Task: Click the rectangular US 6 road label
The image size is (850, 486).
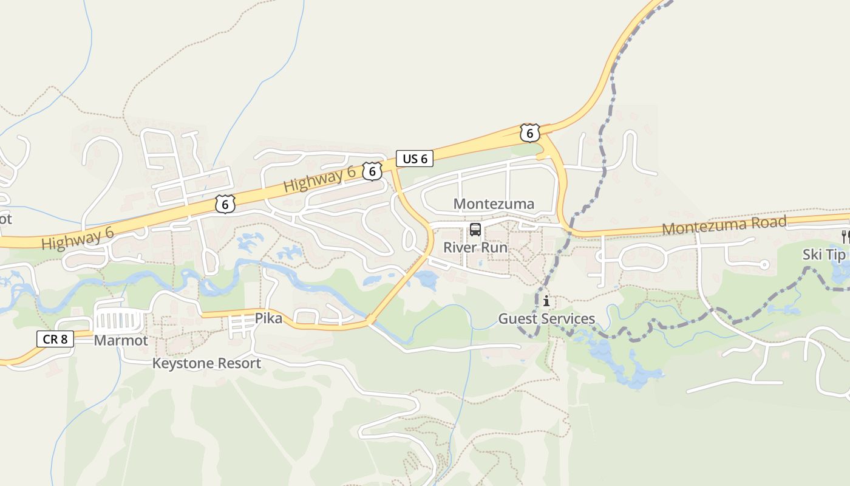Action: [x=415, y=159]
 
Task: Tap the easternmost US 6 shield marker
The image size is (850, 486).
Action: [x=529, y=133]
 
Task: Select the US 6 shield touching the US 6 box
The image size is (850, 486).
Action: [x=372, y=171]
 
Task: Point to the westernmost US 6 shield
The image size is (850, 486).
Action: [x=225, y=204]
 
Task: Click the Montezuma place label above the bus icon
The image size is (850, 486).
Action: [x=494, y=204]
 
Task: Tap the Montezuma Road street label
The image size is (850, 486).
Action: [x=724, y=225]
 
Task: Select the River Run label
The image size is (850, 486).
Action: [x=475, y=247]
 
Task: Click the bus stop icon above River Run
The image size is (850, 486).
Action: [x=475, y=230]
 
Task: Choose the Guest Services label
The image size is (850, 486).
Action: [x=546, y=318]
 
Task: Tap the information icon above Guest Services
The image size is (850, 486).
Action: [x=546, y=301]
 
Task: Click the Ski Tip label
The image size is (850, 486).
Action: [x=824, y=255]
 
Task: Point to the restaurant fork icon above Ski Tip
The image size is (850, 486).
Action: [x=845, y=236]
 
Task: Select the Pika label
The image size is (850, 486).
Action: [x=268, y=318]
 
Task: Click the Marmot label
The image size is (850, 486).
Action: [x=121, y=340]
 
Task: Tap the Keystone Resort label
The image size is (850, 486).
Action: [x=206, y=363]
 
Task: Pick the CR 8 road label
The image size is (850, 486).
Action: [x=55, y=339]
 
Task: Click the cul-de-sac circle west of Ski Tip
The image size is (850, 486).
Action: [x=764, y=264]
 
